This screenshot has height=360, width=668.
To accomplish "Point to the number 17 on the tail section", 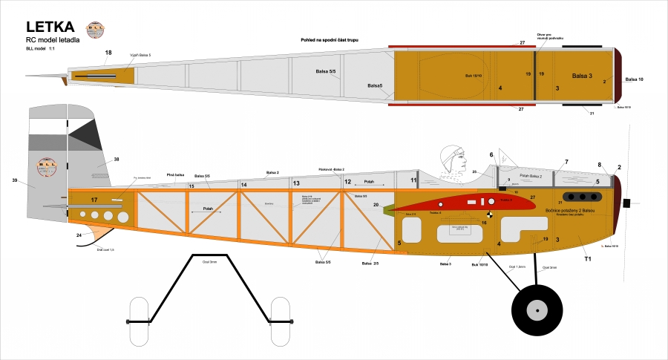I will [x=94, y=200].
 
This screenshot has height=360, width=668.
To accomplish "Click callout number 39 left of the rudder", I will [x=15, y=180].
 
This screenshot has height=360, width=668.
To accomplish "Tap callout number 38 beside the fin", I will [x=116, y=160].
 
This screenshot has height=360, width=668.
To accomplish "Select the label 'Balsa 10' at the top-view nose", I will [x=635, y=79].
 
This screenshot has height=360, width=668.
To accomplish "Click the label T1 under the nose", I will [x=587, y=259].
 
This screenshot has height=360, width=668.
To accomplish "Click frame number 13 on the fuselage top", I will [x=296, y=183].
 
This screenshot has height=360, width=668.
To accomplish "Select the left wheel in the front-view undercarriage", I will [x=140, y=321].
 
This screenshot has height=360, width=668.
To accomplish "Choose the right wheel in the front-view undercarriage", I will [x=280, y=321].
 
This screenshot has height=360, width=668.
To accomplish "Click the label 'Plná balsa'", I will [x=174, y=173].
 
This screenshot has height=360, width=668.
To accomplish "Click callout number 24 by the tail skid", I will [x=79, y=235].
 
